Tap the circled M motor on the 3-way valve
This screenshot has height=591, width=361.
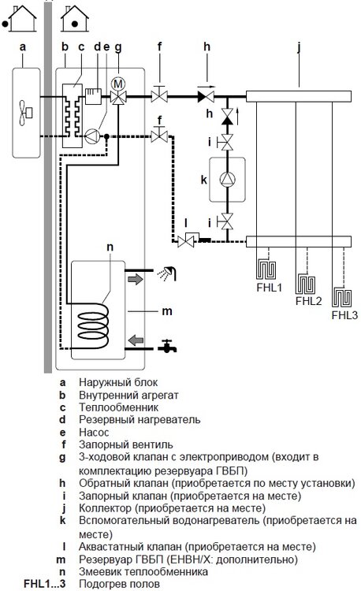pos(118,84)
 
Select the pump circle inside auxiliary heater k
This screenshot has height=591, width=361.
pos(227,179)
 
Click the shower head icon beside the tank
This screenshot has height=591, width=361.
pos(167,273)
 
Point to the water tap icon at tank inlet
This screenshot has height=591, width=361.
pos(167,347)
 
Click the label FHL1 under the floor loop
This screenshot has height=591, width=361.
pos(269,287)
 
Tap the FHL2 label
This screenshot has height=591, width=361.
pos(308,301)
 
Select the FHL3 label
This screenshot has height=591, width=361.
pos(344,314)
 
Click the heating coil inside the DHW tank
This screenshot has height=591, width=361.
pos(93,325)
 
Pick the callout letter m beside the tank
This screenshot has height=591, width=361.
pos(166,311)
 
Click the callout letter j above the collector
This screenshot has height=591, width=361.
pos(300,47)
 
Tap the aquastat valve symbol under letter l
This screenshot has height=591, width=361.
pos(188,240)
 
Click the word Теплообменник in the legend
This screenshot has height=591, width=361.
pos(118,407)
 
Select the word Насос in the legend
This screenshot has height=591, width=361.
pos(94,433)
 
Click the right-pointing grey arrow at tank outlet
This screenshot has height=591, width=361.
pos(136,279)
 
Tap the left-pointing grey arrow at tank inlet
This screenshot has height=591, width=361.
pos(136,340)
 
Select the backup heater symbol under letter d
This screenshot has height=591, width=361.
pos(93,96)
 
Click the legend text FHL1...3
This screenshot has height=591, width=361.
pos(44,584)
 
